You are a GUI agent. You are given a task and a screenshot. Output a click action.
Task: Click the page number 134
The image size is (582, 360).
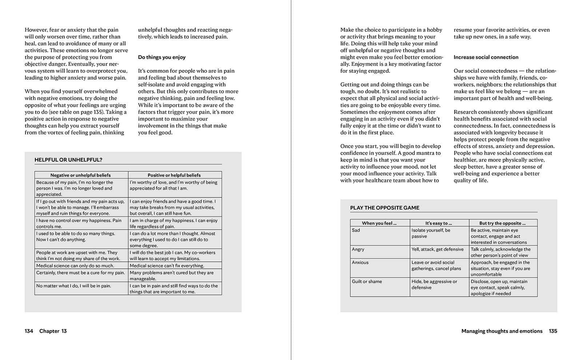coord(29,331)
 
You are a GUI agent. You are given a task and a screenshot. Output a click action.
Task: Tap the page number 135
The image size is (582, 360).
coord(553,331)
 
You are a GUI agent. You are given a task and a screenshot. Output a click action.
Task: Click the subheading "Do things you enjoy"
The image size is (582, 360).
coord(162,57)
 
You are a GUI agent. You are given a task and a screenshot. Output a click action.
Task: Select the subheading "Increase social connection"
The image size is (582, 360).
coord(486,57)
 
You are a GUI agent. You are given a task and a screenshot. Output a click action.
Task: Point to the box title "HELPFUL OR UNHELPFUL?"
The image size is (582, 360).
coord(68,160)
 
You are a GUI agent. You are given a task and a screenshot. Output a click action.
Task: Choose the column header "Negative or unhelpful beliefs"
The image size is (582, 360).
coord(80,175)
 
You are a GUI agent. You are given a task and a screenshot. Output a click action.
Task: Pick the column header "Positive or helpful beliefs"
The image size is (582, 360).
coord(174,175)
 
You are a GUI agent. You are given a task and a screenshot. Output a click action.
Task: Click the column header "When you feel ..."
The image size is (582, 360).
coord(379,223)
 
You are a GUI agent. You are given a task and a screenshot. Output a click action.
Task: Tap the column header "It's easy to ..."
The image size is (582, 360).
coord(439,223)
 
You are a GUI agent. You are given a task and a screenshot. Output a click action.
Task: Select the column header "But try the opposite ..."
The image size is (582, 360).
coord(502,223)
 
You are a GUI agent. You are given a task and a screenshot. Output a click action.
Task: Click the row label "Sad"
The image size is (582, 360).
coord(356,230)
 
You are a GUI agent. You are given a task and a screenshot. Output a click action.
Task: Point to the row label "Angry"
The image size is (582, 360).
coord(358,249)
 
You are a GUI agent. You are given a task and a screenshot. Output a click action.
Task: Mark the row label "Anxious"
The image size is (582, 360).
coord(360,262)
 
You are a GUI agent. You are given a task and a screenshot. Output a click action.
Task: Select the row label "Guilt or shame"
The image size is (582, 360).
coord(367,281)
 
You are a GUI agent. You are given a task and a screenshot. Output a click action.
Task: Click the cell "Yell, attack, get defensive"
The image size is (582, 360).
coord(438,249)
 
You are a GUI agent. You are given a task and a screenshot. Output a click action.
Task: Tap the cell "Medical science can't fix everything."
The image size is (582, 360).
coord(167,265)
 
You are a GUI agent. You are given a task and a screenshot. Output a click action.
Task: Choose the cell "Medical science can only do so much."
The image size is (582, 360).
coord(75,265)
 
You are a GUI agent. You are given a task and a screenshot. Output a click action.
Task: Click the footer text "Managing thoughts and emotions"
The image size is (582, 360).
coord(502,331)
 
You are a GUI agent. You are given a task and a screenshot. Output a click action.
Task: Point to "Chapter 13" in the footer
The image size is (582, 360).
coord(53,331)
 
